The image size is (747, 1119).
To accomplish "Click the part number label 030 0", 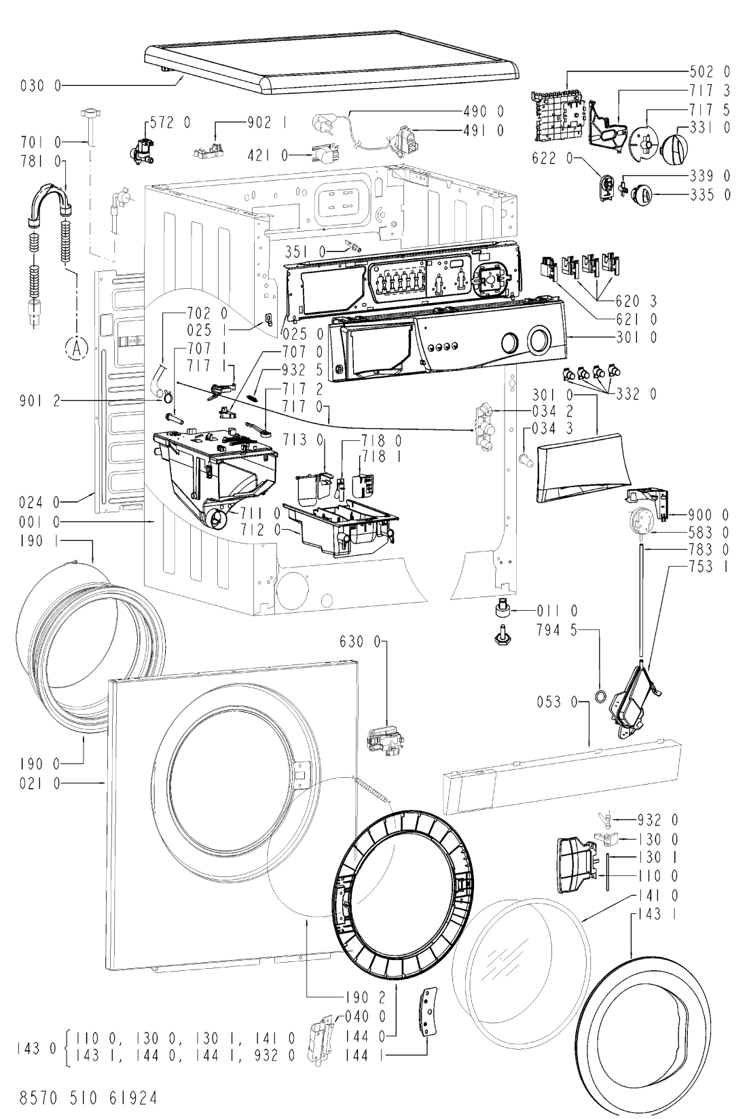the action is click(x=41, y=86).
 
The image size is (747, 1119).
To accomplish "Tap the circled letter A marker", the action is click(x=76, y=348).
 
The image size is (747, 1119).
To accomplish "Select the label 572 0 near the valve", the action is click(x=170, y=122).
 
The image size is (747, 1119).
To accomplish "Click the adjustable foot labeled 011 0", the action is click(x=500, y=610).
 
